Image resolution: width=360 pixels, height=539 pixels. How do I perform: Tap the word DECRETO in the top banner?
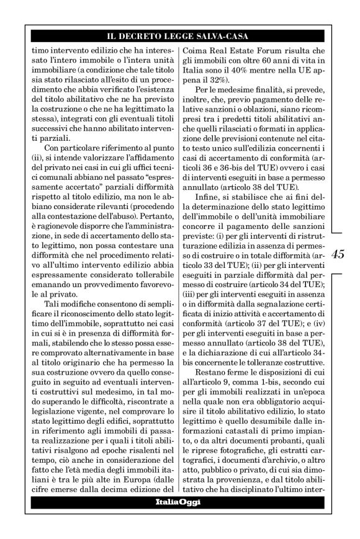[151, 36]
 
